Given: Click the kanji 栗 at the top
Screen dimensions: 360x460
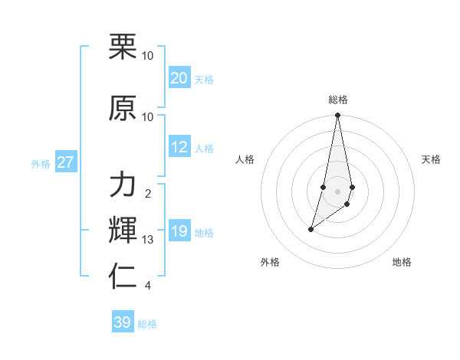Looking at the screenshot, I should click(123, 47).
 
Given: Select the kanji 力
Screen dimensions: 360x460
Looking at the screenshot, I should click(123, 185).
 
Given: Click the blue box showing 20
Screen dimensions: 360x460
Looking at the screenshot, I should click(179, 77).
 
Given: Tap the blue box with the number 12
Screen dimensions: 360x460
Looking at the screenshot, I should click(179, 147).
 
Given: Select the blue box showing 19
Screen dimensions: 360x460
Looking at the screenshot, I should click(179, 231).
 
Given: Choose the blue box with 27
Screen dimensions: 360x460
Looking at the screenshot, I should click(65, 162).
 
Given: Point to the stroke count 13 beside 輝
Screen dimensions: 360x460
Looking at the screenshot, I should click(148, 240).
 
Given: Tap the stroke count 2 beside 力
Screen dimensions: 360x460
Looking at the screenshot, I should click(148, 194).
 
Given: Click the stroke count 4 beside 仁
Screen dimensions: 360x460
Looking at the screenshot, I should click(148, 286).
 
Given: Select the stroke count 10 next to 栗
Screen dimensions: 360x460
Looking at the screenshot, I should click(148, 56).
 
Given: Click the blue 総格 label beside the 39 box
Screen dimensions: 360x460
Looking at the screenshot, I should click(147, 324).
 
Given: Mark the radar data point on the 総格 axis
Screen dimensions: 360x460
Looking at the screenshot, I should click(337, 116).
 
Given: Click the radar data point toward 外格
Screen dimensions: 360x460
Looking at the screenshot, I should click(310, 229).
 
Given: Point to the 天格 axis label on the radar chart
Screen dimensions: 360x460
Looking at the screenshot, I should click(431, 159).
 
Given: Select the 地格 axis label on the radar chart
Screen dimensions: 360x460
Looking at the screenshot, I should click(402, 262).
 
